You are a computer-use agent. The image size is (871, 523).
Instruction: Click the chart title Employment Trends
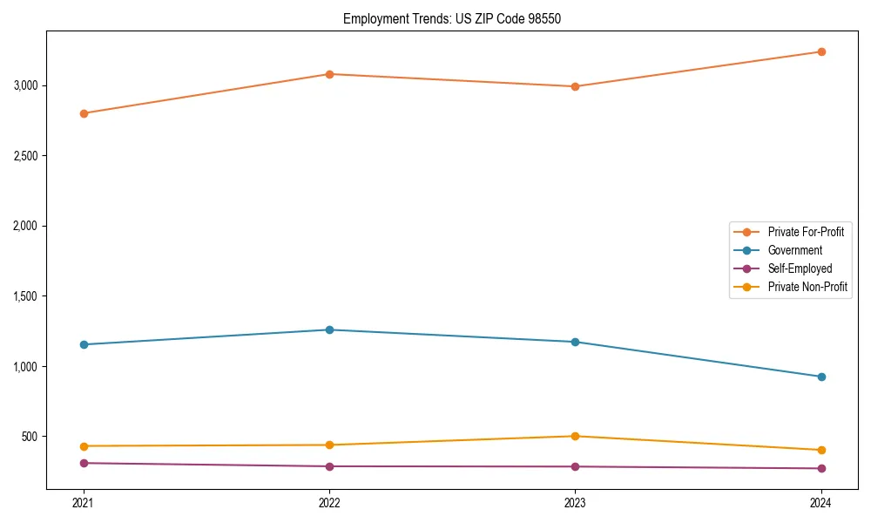tap(446, 18)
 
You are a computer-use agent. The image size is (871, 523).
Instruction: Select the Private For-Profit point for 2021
tap(84, 113)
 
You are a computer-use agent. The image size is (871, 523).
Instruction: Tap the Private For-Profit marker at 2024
tap(821, 51)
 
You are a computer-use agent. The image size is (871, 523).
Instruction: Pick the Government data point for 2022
tap(329, 329)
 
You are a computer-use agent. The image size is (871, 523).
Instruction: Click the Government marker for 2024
tap(821, 377)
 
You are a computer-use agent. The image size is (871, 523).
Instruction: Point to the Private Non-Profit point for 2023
tap(575, 436)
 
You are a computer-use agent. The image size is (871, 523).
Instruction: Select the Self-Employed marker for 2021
tap(84, 463)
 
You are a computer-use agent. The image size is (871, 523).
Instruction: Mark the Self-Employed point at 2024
tap(821, 468)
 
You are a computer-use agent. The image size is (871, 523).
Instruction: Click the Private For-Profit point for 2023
tap(575, 86)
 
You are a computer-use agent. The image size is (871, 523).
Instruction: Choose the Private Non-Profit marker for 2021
tap(84, 446)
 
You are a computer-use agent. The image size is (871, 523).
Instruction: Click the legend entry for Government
tap(794, 250)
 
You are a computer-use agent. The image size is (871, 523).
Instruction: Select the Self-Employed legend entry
tap(800, 268)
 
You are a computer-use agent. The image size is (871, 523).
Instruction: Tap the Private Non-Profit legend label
tap(807, 287)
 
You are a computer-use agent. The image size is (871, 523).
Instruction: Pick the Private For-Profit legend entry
tap(806, 232)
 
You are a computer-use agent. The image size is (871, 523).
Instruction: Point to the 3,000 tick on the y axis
tap(25, 85)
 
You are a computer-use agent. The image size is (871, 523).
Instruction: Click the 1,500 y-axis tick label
tap(25, 296)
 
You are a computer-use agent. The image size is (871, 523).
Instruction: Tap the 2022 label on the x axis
tap(329, 502)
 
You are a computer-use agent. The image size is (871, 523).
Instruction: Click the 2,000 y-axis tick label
tap(25, 226)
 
